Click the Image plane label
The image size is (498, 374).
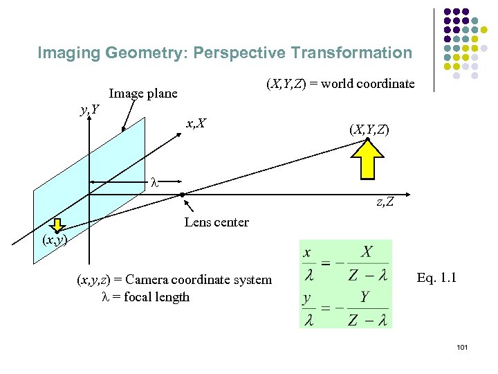coord(143,93)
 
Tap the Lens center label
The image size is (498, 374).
coord(216,222)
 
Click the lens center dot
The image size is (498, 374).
coord(182,195)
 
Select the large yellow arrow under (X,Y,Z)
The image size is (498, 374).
coord(368,158)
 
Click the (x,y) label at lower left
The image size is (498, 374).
coord(54,240)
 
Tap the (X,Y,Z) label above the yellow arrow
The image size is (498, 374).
coord(369,129)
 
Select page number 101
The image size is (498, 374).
coord(462,346)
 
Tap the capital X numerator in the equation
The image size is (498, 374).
coord(366,252)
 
